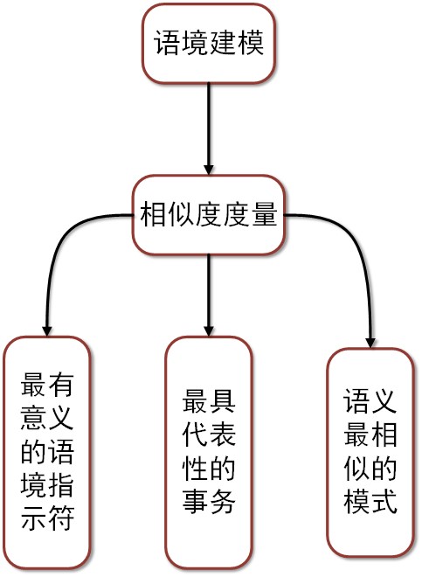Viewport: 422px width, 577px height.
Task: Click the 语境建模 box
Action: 209,44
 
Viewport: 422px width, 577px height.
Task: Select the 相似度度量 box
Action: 209,215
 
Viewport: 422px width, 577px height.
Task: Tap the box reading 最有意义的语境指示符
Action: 47,454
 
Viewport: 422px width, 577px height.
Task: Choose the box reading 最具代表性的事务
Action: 209,454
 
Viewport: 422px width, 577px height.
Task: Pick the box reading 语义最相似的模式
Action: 370,453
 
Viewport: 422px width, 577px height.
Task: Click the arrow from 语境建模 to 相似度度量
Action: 209,129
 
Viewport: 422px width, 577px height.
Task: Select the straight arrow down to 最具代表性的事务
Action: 209,295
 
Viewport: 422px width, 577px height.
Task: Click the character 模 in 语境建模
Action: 251,42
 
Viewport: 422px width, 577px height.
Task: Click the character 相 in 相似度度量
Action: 153,213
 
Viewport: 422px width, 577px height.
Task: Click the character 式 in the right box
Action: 384,501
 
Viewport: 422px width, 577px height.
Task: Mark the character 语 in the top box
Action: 167,42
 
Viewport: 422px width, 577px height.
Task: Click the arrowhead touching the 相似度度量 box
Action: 209,170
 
